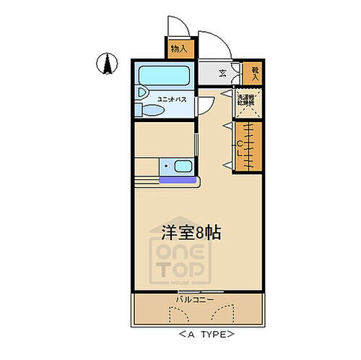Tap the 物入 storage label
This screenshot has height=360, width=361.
pos(178,49)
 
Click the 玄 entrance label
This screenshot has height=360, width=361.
pos(222,73)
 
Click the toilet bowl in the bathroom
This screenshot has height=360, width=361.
pos(150,111)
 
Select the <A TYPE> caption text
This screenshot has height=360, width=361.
pos(207,335)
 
